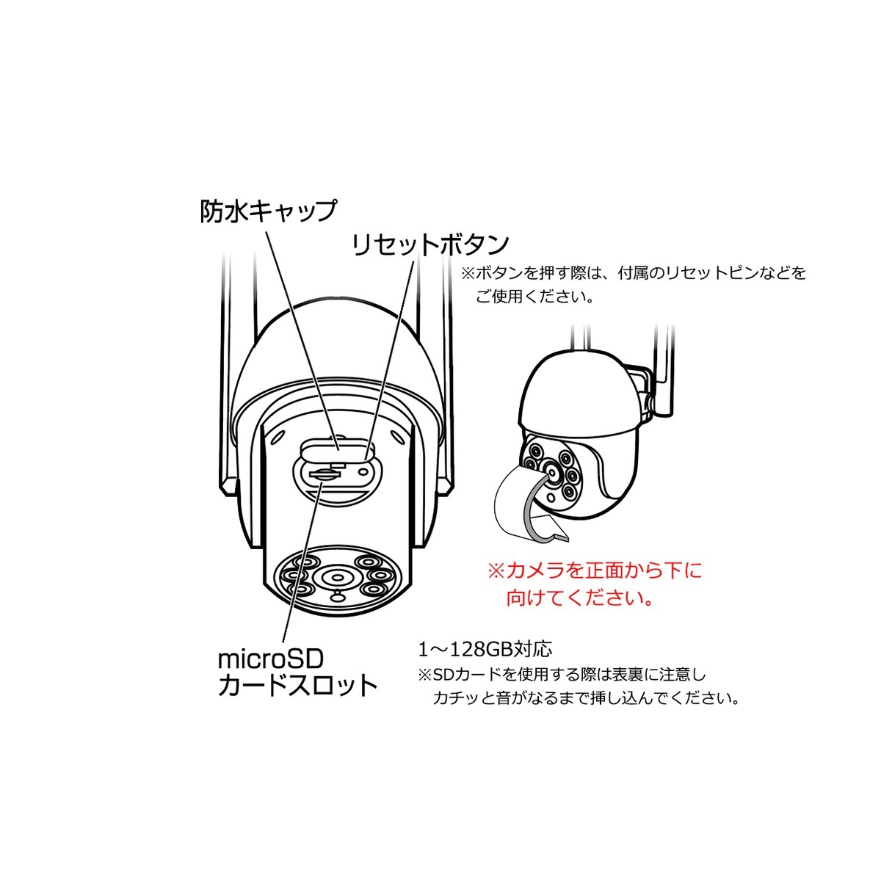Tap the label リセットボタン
429,244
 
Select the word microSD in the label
271,657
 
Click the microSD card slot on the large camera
321,474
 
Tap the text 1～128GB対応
485,649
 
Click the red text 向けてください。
580,598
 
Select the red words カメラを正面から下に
595,570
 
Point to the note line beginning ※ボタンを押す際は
633,273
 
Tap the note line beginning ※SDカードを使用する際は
562,673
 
